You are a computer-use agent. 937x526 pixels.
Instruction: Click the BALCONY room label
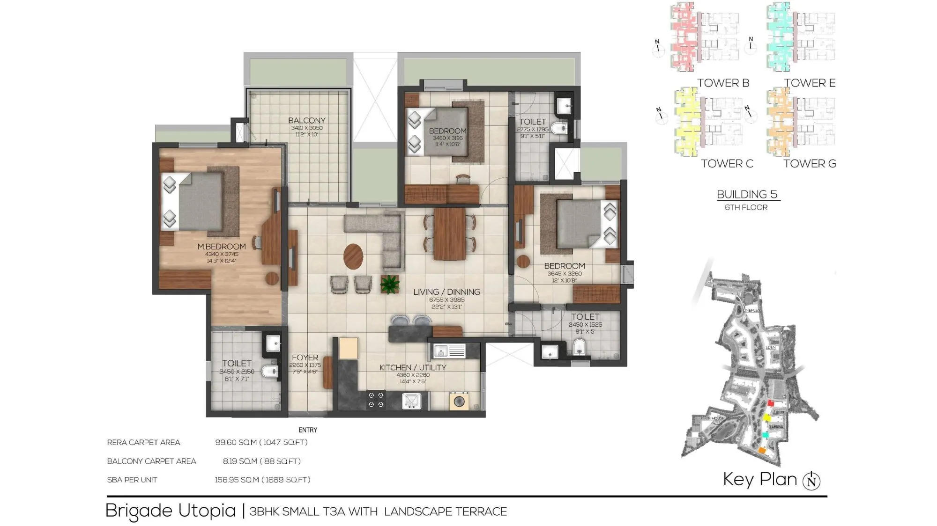[306, 120]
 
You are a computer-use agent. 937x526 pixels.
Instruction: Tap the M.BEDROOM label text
[221, 247]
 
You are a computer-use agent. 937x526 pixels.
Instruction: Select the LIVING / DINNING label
[446, 292]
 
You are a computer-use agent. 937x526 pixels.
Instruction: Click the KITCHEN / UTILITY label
[412, 368]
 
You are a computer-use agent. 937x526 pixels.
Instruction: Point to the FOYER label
[305, 358]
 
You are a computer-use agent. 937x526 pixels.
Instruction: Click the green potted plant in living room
[389, 284]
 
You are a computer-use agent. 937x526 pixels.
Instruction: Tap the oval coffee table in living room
[353, 256]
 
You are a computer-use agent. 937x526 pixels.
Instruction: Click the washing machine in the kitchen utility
[459, 401]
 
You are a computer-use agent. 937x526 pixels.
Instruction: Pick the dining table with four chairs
[449, 234]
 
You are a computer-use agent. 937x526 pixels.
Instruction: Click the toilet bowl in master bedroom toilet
[269, 372]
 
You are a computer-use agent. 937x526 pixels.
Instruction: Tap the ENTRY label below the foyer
[308, 430]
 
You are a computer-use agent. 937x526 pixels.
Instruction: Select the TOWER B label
[723, 83]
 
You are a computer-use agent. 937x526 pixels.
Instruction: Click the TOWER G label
[809, 164]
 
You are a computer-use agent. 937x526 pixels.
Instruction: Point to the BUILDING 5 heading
[747, 195]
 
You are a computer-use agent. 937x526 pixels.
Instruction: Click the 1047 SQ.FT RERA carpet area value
[285, 442]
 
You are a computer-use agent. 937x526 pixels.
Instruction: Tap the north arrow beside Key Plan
[811, 481]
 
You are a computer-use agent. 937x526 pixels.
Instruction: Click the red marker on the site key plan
[771, 403]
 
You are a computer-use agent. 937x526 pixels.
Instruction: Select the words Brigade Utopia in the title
[171, 511]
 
